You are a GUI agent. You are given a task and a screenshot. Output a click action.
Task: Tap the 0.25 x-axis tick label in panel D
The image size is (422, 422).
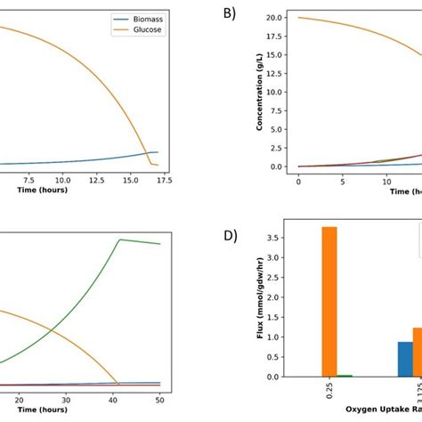[329, 395]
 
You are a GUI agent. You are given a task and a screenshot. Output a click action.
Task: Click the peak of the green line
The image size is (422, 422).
[120, 239]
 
